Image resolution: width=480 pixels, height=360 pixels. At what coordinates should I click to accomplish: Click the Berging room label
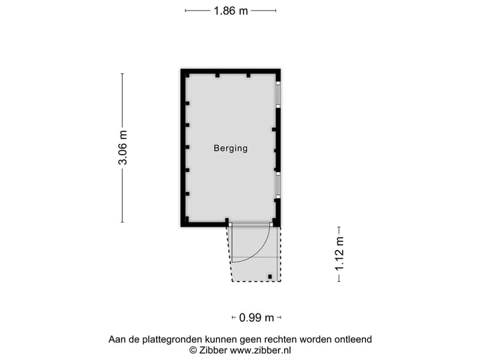click(x=230, y=149)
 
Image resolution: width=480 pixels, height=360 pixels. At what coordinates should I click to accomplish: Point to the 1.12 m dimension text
click(x=339, y=253)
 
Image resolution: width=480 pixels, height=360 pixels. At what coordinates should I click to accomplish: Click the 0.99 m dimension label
click(x=257, y=317)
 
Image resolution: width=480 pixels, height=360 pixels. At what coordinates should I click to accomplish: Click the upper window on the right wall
click(x=279, y=94)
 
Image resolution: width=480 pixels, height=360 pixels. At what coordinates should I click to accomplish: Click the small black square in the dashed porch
click(x=270, y=276)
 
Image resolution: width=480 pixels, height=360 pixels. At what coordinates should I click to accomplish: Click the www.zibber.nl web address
click(x=260, y=350)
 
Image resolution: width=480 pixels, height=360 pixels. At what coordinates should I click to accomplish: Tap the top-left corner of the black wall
click(x=183, y=71)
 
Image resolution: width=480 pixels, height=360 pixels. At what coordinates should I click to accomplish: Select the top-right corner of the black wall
click(x=277, y=71)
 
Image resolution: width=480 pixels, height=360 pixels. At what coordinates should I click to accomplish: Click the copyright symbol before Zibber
click(x=193, y=350)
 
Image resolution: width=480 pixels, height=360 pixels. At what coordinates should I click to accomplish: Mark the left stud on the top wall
click(x=217, y=75)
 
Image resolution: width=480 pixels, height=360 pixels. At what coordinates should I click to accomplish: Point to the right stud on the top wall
click(x=248, y=75)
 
